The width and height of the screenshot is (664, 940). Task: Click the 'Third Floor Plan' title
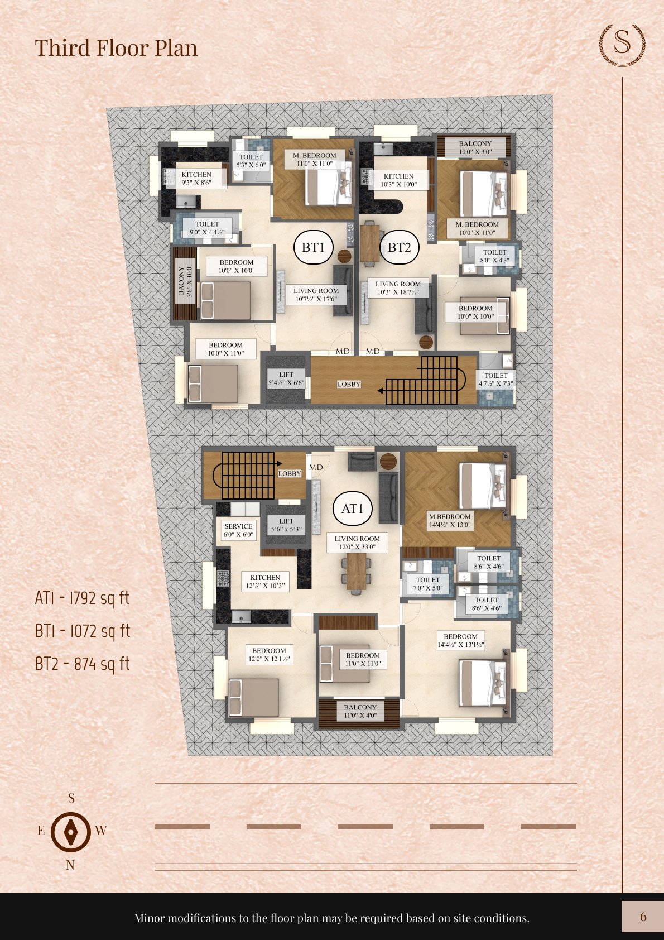pyautogui.click(x=116, y=48)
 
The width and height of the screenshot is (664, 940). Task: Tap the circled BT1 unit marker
pyautogui.click(x=313, y=247)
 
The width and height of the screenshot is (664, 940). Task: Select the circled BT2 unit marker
pyautogui.click(x=399, y=247)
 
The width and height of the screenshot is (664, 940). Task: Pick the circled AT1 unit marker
pyautogui.click(x=352, y=509)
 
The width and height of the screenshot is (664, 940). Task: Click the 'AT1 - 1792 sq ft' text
pyautogui.click(x=82, y=598)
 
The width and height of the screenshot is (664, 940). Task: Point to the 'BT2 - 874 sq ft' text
pyautogui.click(x=82, y=664)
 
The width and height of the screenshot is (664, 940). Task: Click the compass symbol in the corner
pyautogui.click(x=71, y=832)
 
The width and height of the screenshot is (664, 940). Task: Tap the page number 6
pyautogui.click(x=643, y=917)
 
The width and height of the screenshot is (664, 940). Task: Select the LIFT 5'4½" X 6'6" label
pyautogui.click(x=286, y=379)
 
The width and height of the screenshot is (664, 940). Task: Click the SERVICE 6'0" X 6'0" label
pyautogui.click(x=238, y=530)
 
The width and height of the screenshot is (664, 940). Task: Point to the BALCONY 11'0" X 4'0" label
pyautogui.click(x=360, y=711)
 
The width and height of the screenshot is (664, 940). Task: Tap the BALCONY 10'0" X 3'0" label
pyautogui.click(x=475, y=147)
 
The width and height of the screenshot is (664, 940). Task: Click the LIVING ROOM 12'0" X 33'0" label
pyautogui.click(x=357, y=543)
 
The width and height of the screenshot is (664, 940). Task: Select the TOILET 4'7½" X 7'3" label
pyautogui.click(x=495, y=380)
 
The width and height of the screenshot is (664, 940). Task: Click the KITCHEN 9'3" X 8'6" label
pyautogui.click(x=196, y=179)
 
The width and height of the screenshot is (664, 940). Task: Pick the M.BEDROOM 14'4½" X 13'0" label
pyautogui.click(x=450, y=521)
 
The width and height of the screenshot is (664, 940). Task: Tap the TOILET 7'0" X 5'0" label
pyautogui.click(x=428, y=584)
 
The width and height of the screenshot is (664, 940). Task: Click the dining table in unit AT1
pyautogui.click(x=356, y=571)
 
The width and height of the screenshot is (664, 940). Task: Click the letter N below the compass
pyautogui.click(x=70, y=865)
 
